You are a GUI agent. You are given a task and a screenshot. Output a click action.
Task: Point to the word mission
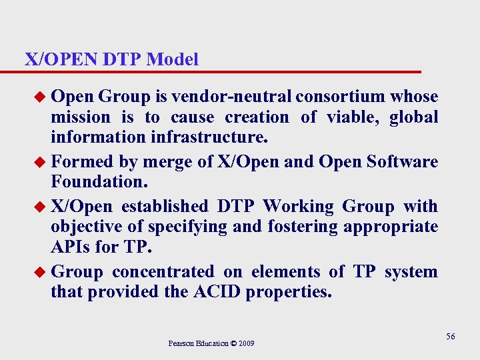click(81, 118)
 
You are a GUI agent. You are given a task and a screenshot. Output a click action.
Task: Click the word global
click(414, 118)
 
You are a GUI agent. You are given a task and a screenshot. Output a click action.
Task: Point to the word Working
click(299, 206)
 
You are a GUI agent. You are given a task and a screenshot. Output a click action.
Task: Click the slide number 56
click(451, 337)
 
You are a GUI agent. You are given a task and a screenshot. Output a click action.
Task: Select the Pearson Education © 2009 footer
click(211, 343)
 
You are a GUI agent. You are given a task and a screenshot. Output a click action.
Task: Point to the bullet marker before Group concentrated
click(41, 273)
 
